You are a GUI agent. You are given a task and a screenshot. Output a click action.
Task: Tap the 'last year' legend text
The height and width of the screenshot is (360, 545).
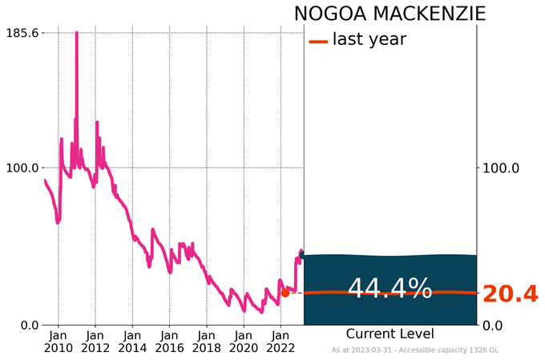pos(369,39)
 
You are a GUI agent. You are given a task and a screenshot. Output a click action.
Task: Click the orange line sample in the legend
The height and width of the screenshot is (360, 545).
pos(318,40)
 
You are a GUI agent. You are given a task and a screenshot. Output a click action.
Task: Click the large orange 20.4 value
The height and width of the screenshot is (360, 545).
pos(510,295)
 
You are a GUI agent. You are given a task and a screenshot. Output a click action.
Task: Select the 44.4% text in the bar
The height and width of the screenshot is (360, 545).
pos(390,289)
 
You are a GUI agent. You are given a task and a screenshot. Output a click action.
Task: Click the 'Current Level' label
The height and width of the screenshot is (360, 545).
pos(390,334)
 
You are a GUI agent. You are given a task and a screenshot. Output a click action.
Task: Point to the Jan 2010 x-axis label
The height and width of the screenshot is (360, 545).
pos(58,341)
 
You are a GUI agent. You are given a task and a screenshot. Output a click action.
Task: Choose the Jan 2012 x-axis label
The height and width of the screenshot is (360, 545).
pos(95,341)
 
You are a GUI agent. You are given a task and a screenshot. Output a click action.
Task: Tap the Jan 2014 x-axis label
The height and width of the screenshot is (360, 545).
pos(132,341)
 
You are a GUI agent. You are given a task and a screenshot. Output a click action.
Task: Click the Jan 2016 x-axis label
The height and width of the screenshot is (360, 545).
pos(169,341)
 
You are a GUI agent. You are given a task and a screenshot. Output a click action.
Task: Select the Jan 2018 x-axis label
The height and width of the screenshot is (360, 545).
pos(207,341)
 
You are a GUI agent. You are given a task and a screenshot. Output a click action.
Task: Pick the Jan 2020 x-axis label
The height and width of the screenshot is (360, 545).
pos(244,341)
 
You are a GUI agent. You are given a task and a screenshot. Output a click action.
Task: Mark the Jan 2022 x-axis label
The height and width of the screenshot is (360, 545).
pos(281,341)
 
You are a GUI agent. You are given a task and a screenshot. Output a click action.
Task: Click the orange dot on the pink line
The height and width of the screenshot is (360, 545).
pos(285,293)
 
